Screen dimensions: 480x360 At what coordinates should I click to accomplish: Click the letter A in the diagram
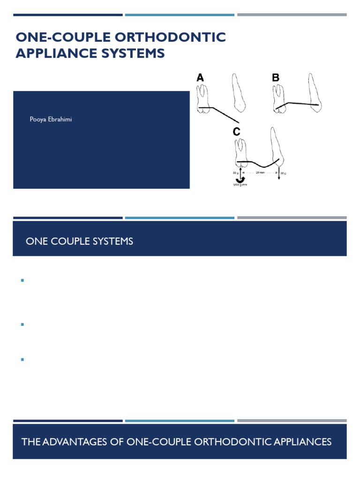pyautogui.click(x=200, y=78)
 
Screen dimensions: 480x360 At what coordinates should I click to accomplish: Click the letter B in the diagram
pyautogui.click(x=276, y=78)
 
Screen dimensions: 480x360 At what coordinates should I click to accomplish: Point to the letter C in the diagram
pyautogui.click(x=237, y=132)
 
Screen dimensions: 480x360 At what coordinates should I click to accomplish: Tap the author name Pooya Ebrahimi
pyautogui.click(x=51, y=120)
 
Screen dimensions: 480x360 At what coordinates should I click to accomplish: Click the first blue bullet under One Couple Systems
pyautogui.click(x=22, y=280)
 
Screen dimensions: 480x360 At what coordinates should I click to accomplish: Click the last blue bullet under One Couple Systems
pyautogui.click(x=22, y=359)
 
